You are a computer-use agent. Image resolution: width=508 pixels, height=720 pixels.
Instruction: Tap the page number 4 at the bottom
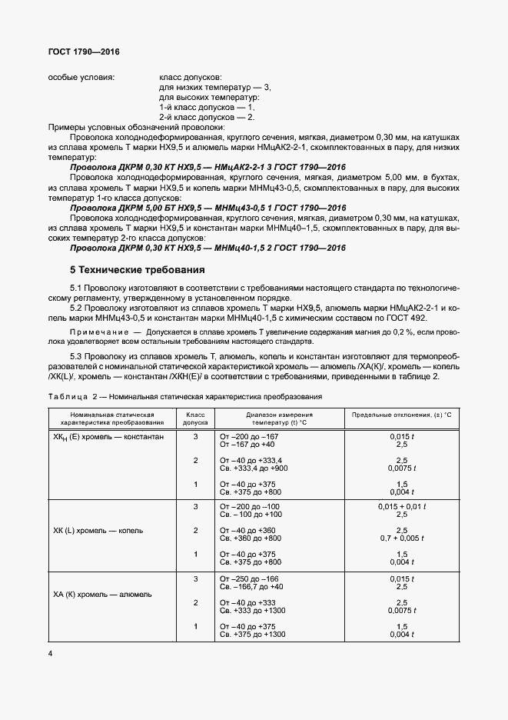(51, 653)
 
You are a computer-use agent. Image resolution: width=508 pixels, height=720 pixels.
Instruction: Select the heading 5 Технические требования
(138, 270)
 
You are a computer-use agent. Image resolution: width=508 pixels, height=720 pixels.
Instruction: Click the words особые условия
(81, 78)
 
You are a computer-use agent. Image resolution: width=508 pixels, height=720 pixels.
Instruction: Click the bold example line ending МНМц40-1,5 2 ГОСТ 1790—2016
(208, 248)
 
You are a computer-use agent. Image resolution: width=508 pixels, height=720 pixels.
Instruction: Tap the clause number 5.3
(78, 358)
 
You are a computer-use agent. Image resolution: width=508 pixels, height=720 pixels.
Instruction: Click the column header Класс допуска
(196, 418)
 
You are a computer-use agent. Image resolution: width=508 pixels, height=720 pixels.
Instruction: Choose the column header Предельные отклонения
(401, 414)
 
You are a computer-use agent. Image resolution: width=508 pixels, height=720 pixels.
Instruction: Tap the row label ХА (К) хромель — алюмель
(102, 594)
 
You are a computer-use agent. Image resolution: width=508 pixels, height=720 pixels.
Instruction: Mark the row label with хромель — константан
(108, 437)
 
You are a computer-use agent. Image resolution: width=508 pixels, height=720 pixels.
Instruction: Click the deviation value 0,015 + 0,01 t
(401, 506)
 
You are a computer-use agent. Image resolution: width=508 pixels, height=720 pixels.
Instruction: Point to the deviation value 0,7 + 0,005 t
(401, 538)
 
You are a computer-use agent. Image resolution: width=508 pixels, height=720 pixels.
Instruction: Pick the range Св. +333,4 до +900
(254, 468)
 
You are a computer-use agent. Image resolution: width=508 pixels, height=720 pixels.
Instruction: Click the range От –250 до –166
(250, 578)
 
